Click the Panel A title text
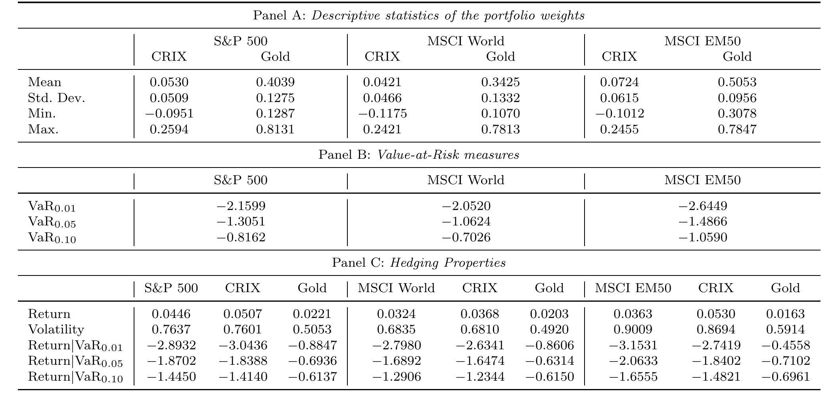[418, 16]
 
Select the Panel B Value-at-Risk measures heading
[418, 155]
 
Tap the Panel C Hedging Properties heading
[418, 263]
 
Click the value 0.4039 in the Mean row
[275, 82]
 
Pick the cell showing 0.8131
[275, 129]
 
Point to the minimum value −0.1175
[382, 114]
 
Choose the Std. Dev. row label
[56, 98]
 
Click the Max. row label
[43, 129]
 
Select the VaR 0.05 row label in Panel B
[52, 222]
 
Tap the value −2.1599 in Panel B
[241, 206]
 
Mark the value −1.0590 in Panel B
[703, 237]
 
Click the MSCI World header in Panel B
[466, 180]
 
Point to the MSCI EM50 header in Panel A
[702, 41]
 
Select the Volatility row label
[56, 329]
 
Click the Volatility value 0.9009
[633, 329]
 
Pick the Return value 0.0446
[171, 314]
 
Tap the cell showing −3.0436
[243, 345]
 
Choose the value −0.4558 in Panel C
[785, 345]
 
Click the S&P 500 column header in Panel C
[171, 288]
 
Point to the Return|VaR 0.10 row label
[75, 377]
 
